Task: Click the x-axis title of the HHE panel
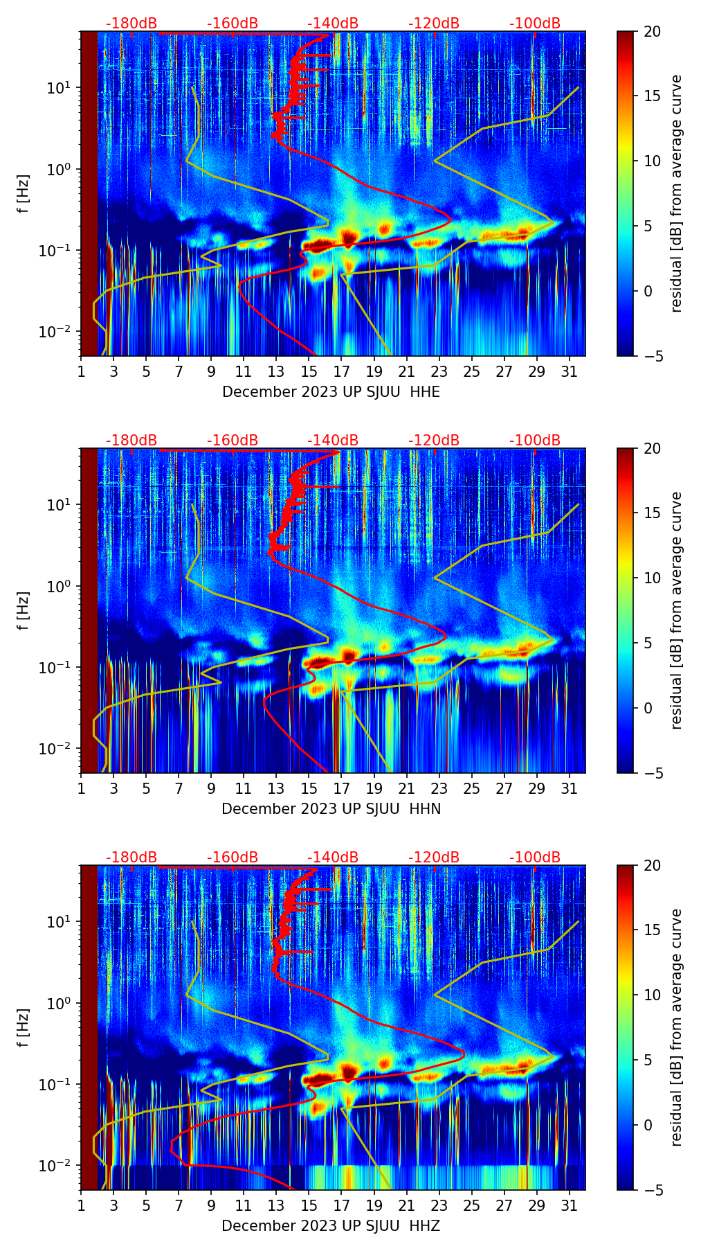[x=331, y=392]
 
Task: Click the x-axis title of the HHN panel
[x=331, y=809]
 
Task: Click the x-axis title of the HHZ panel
[x=331, y=1226]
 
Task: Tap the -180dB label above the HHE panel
[x=131, y=24]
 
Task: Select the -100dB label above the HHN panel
[x=535, y=441]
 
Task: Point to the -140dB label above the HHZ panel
[x=333, y=858]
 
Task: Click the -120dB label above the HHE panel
[x=434, y=24]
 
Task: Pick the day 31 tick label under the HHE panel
[x=570, y=371]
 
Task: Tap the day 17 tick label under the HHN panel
[x=341, y=788]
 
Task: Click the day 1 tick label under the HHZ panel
[x=81, y=1205]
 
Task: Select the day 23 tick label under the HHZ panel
[x=439, y=1205]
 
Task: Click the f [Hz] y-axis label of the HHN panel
[x=24, y=610]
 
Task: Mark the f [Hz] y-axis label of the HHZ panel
[x=24, y=1027]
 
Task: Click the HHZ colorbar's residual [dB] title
[x=677, y=1027]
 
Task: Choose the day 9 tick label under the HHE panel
[x=211, y=371]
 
